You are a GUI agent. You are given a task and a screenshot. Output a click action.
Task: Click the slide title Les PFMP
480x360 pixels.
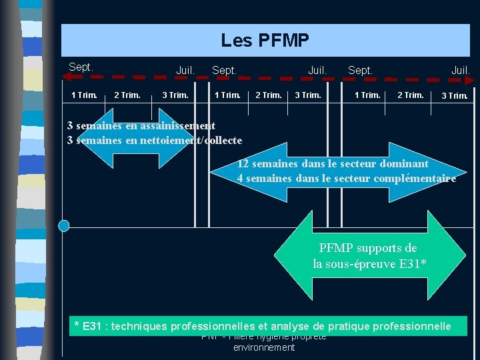(265, 41)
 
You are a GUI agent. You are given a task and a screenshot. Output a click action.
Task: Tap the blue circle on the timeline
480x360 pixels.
(64, 226)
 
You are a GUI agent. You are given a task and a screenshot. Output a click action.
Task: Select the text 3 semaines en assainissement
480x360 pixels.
(141, 125)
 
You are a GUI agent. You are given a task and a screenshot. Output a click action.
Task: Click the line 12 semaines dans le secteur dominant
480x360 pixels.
(333, 163)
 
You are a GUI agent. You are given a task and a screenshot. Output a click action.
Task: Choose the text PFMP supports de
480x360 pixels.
(368, 249)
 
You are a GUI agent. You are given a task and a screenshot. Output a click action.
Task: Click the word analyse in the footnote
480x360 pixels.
(295, 327)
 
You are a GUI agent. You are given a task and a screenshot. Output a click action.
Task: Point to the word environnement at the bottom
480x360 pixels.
(264, 347)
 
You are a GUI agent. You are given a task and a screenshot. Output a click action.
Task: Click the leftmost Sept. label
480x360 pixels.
(81, 67)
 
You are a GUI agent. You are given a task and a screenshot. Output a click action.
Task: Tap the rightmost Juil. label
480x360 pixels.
(461, 70)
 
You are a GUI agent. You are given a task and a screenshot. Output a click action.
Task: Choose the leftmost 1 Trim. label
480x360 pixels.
(84, 95)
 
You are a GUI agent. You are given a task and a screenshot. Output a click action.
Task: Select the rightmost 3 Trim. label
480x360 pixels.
(455, 96)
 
